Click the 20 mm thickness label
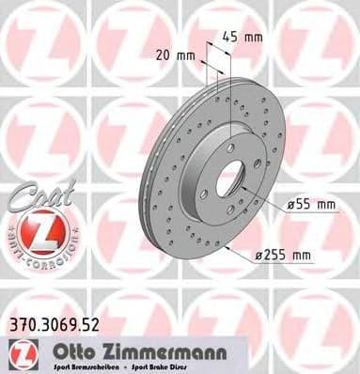179,55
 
